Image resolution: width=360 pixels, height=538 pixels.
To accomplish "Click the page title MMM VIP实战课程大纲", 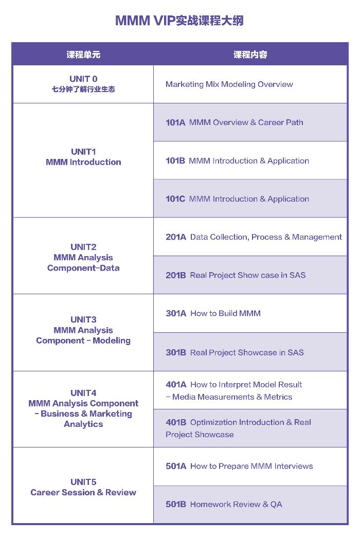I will click(179, 21).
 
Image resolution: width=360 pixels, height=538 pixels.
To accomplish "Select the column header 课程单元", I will click(83, 55).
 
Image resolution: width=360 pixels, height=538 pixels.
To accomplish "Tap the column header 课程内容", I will click(250, 55).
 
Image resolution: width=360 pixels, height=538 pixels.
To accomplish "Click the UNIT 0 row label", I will click(83, 84).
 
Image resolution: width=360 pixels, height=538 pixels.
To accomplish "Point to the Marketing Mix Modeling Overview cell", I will click(229, 84).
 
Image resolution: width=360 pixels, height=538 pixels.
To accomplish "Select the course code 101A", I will click(175, 122).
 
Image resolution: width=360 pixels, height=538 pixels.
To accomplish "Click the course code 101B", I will click(175, 160).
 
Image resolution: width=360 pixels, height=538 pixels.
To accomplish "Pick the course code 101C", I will click(175, 199).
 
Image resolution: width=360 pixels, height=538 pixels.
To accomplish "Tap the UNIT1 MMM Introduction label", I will click(83, 157).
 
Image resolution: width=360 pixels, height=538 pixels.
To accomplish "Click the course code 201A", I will click(176, 237).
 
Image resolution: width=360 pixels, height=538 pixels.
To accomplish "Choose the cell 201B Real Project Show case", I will click(236, 275).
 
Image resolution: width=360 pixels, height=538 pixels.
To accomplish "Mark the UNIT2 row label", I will click(83, 257).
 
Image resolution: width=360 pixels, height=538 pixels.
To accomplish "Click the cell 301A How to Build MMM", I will click(213, 313).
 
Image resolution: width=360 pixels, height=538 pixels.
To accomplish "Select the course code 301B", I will click(176, 352).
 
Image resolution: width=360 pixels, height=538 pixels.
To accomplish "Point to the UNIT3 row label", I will click(83, 330).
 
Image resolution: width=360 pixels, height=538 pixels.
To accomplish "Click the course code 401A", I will click(176, 385).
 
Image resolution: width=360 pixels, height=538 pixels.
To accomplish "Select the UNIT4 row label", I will click(83, 408).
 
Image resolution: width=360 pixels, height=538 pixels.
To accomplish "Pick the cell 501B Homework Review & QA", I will click(224, 505).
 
